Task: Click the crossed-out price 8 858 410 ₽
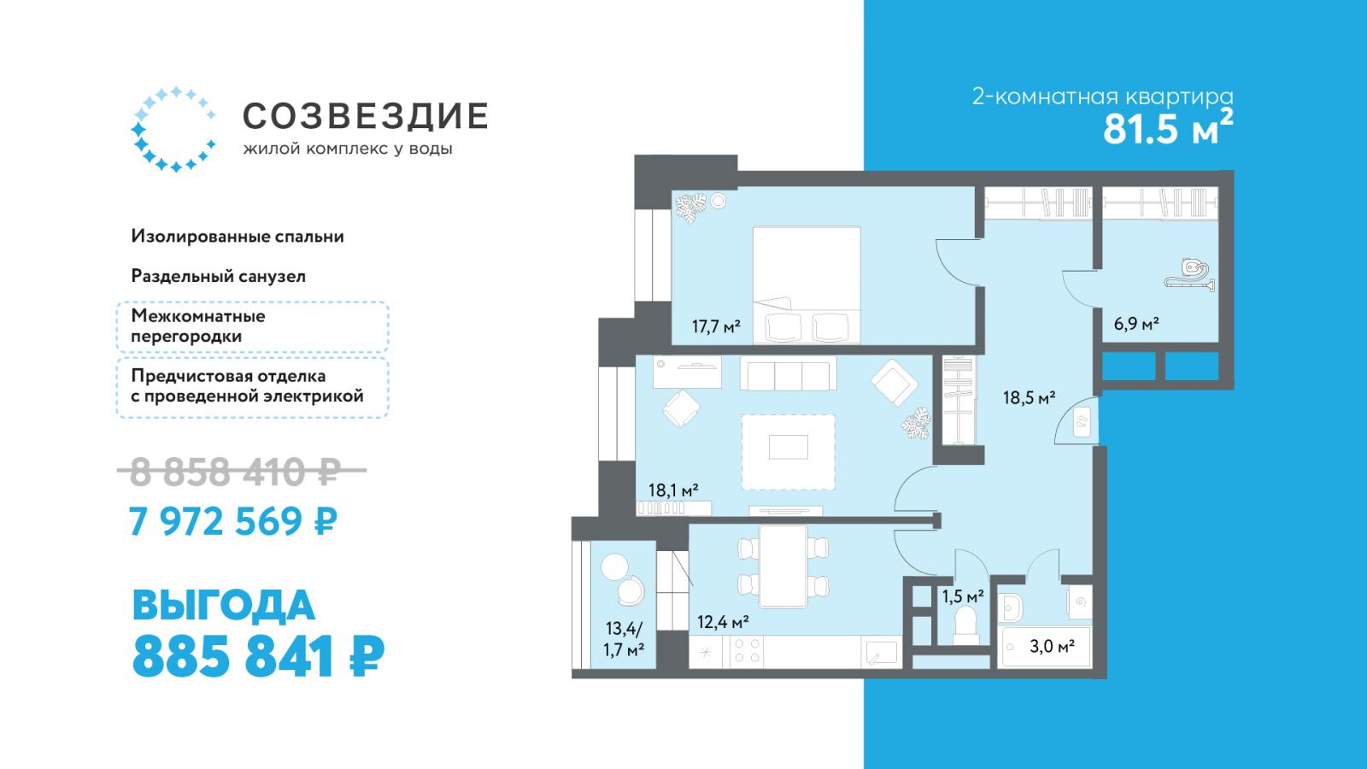[x=242, y=471]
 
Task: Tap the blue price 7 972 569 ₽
[x=233, y=520]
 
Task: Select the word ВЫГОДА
[x=223, y=606]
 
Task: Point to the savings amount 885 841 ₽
[x=258, y=657]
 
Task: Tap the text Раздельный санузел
[x=219, y=277]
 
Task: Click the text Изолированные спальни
[x=238, y=236]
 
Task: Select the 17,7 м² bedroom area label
[x=716, y=326]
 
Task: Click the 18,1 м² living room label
[x=673, y=490]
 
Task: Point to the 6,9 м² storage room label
[x=1136, y=324]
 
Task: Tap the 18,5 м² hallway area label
[x=1030, y=398]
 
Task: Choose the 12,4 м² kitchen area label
[x=723, y=623]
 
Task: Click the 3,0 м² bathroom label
[x=1052, y=646]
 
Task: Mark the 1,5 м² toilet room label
[x=963, y=596]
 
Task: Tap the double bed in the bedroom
[x=807, y=285]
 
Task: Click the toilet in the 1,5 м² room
[x=966, y=627]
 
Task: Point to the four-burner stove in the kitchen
[x=748, y=650]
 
